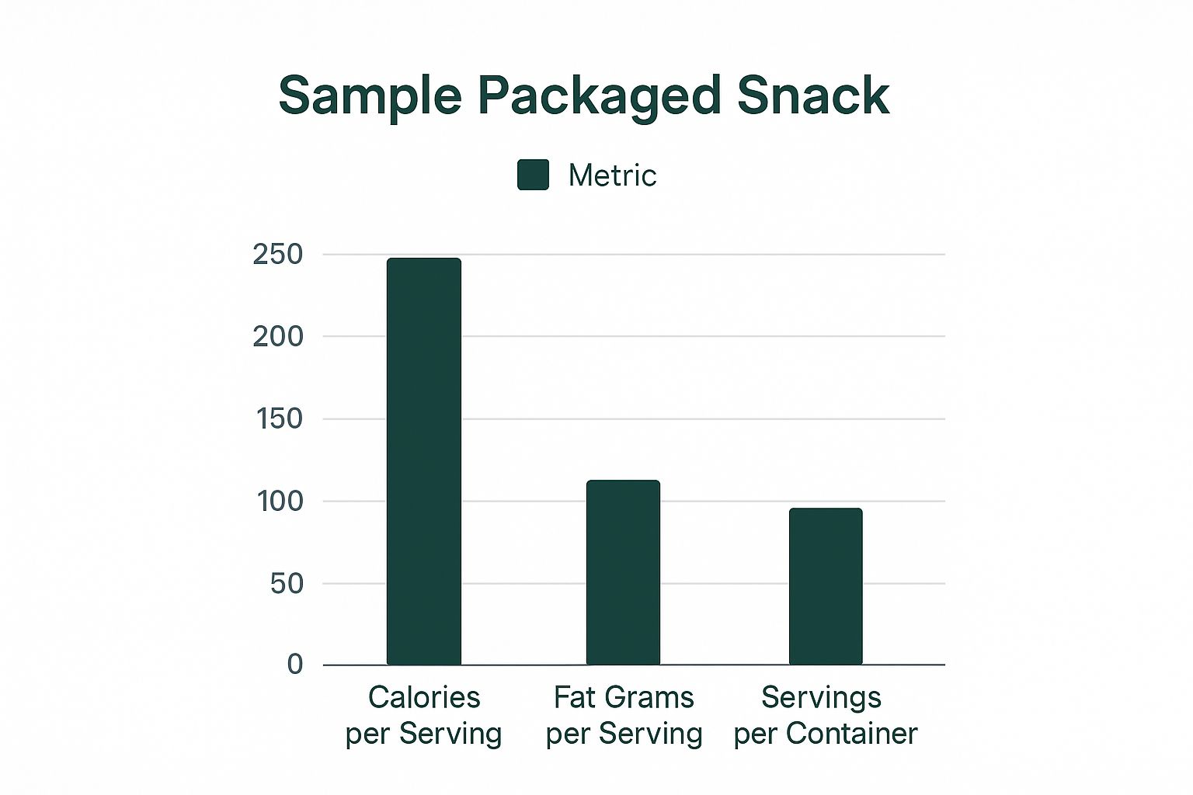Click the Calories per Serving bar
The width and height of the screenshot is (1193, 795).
[423, 461]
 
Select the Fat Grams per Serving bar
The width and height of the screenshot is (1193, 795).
[623, 572]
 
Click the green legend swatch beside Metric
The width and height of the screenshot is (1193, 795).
[533, 175]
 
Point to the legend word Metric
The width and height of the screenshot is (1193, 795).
[612, 175]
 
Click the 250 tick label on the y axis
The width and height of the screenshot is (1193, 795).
[277, 255]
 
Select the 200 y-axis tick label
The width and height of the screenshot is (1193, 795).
[277, 337]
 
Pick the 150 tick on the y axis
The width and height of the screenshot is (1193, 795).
[279, 419]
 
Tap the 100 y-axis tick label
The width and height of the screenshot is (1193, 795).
[279, 502]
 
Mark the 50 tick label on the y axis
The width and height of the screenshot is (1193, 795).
[287, 584]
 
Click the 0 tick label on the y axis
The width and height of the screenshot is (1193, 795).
[295, 665]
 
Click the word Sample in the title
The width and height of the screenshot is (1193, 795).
[370, 96]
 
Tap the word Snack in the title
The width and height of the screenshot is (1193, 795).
[812, 96]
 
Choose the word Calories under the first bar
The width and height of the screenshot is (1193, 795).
[424, 697]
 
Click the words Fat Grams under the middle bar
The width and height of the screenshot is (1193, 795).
[624, 697]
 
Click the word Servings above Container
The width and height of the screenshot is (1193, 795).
[821, 697]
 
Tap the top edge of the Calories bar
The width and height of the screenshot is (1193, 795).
[423, 259]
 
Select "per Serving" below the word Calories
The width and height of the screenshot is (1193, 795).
[424, 733]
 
